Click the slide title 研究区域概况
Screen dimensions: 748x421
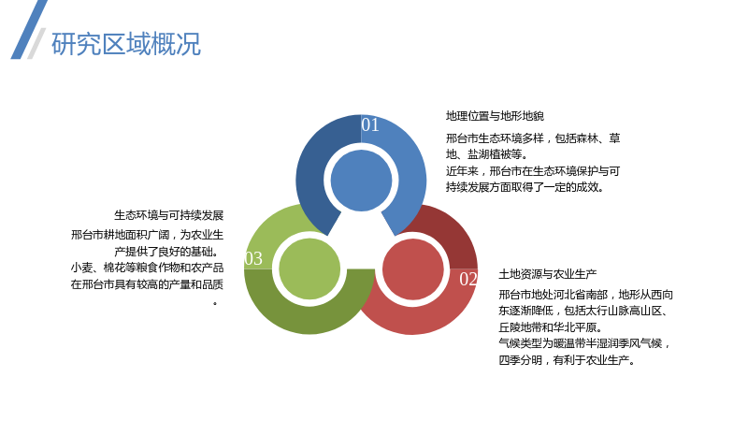[126, 44]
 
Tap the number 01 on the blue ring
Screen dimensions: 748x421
[370, 124]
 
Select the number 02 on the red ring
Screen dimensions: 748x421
[468, 279]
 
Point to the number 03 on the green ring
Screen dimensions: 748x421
[253, 258]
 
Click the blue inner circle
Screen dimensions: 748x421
[361, 181]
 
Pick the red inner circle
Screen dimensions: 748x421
[413, 269]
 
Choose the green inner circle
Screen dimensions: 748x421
[309, 269]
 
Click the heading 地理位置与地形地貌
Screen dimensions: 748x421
[495, 116]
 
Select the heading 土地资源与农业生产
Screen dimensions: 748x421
[548, 274]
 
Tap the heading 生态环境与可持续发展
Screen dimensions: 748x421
[169, 215]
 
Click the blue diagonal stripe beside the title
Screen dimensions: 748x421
[29, 29]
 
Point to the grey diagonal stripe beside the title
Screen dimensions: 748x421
[36, 43]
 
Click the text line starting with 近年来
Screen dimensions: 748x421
[533, 171]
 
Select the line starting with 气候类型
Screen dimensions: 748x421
[585, 343]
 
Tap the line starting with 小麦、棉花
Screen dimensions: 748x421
[147, 268]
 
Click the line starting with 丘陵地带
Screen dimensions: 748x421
[551, 327]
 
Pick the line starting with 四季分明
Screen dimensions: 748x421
[567, 360]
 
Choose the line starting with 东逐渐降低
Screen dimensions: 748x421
[583, 311]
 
